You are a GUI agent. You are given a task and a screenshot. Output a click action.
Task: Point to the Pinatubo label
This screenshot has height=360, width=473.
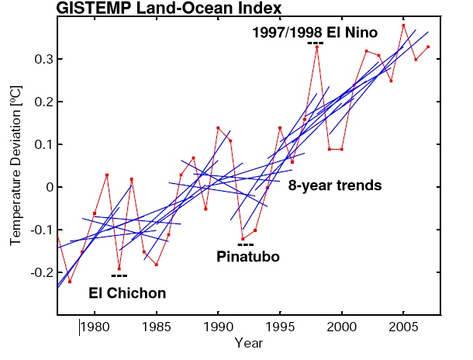248,256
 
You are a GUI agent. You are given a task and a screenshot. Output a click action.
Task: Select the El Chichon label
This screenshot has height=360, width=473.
127,293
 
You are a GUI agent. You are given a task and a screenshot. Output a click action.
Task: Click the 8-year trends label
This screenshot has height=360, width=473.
334,186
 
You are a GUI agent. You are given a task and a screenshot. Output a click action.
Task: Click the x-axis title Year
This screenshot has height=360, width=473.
250,342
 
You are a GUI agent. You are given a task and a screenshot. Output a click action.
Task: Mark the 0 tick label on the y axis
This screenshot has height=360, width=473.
45,187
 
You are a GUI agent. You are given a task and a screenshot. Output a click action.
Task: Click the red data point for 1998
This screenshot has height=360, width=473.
317,47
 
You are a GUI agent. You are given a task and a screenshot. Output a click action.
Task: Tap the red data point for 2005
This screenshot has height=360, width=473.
403,26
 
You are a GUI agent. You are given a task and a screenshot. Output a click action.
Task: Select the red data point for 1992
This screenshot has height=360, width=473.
243,238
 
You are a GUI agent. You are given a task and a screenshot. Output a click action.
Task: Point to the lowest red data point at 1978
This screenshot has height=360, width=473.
70,281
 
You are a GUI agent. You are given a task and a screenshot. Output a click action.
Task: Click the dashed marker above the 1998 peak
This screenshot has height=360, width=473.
315,43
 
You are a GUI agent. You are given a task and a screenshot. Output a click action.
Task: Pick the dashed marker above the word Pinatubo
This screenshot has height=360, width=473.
246,244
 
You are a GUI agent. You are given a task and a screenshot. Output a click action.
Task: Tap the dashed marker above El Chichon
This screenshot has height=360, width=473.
119,275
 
